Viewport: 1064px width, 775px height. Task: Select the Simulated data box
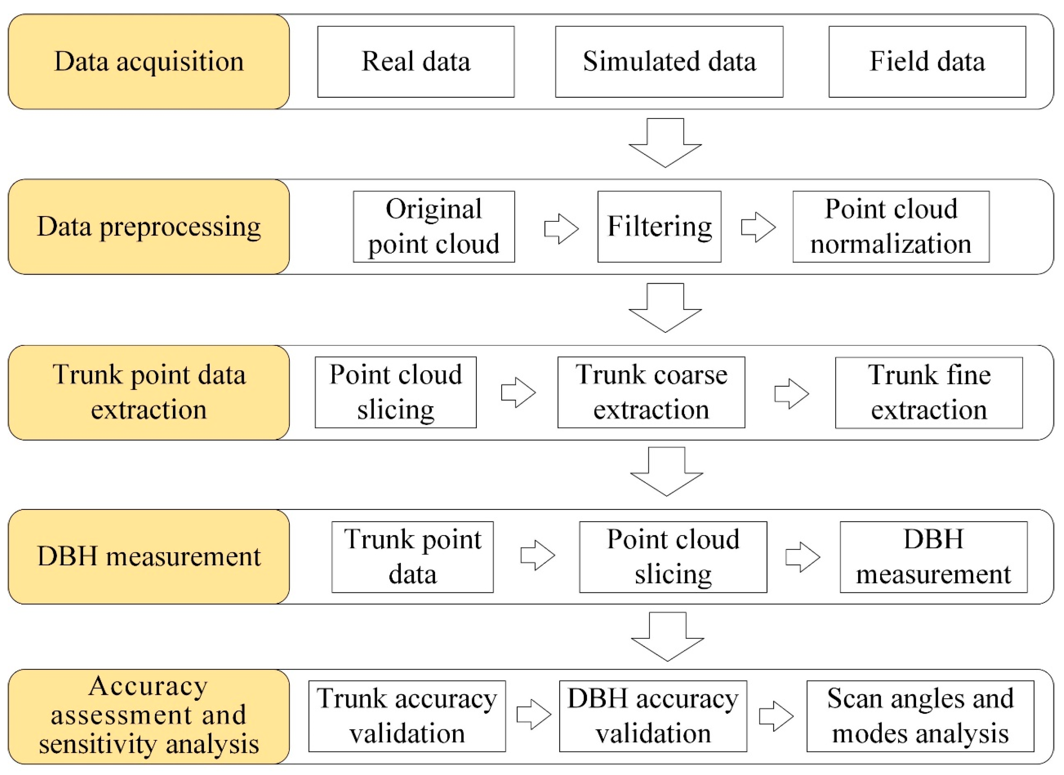(669, 62)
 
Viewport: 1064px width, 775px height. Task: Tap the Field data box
(927, 62)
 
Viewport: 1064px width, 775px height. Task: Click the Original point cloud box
(433, 227)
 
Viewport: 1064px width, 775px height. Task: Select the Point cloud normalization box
(891, 227)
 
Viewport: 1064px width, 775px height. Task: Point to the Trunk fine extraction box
(929, 393)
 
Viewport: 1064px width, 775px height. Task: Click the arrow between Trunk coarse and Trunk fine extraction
(791, 394)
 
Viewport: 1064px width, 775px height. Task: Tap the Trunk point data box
(412, 557)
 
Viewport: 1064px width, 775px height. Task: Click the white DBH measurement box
(933, 557)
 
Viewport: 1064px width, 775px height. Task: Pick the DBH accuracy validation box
(653, 716)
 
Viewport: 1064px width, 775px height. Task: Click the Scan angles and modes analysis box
(920, 716)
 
